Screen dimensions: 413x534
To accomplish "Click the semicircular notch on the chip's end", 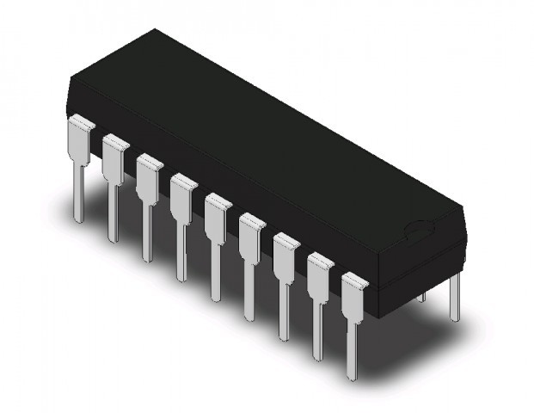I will pos(419,231).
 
